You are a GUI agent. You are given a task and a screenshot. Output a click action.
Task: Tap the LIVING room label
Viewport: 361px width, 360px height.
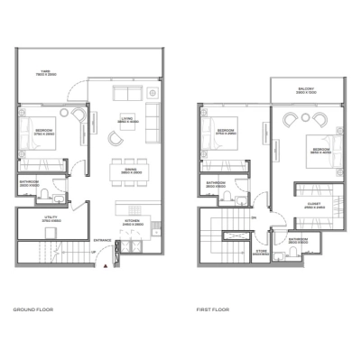[129, 117]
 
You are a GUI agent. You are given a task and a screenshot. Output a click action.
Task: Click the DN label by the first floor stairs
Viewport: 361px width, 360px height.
[255, 217]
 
